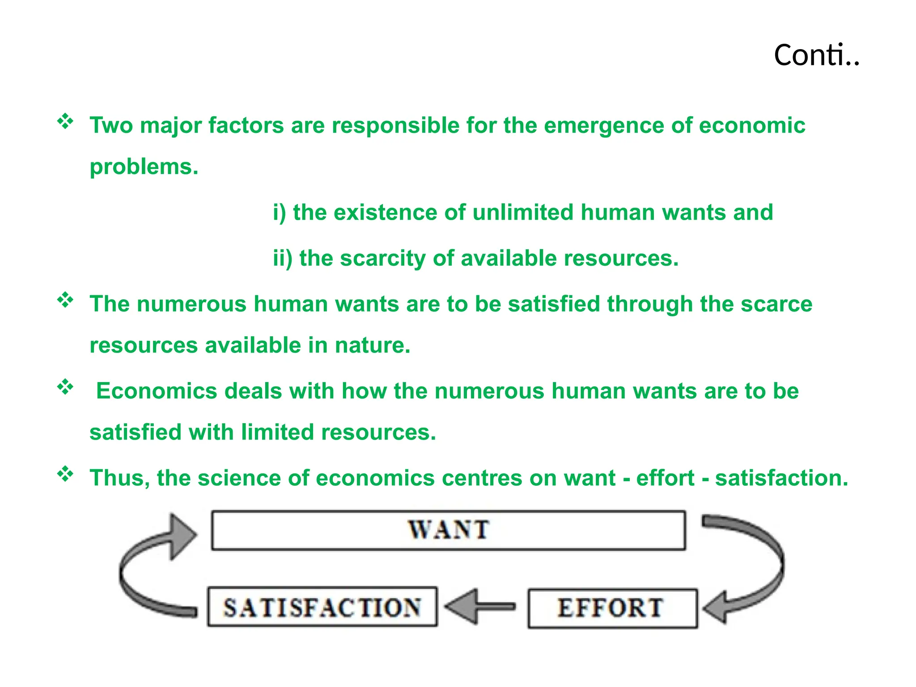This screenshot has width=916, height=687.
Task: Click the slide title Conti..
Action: (x=816, y=55)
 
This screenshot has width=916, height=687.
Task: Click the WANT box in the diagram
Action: (x=448, y=530)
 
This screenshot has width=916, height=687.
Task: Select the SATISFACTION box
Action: (x=322, y=607)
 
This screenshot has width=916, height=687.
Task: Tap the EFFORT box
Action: (x=612, y=608)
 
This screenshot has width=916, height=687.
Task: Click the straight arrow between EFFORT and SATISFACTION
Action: (x=480, y=606)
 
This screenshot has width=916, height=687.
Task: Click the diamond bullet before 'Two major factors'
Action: (x=65, y=122)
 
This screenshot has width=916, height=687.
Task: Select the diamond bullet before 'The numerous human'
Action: (x=65, y=300)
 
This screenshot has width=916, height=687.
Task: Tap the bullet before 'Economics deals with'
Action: (x=65, y=387)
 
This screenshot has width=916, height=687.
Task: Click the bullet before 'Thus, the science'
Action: (x=65, y=474)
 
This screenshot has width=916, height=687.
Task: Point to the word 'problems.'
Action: (x=144, y=167)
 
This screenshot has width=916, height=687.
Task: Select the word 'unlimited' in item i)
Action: (x=523, y=212)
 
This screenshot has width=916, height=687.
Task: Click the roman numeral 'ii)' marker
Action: (x=283, y=259)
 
